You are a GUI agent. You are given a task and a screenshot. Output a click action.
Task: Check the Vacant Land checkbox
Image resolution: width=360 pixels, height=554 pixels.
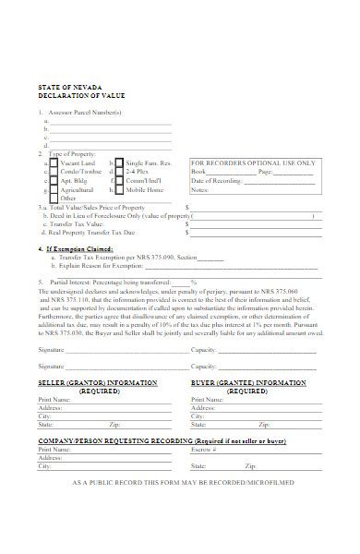tap(54, 163)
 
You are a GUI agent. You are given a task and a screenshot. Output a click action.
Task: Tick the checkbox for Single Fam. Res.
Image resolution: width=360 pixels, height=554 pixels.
tap(118, 163)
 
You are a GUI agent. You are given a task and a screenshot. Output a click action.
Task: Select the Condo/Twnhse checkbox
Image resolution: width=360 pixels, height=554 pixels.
tap(54, 172)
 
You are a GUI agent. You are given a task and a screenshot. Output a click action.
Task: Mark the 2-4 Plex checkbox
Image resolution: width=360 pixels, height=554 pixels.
tap(118, 172)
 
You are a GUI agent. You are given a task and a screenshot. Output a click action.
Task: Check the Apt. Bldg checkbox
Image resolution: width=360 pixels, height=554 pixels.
tap(54, 181)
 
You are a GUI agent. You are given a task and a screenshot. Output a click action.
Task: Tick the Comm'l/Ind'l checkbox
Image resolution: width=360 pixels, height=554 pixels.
tap(118, 181)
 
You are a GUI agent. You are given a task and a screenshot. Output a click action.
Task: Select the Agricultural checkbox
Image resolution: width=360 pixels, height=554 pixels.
tap(54, 190)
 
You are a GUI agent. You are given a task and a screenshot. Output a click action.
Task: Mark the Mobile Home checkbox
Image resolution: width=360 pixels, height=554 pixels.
tap(118, 190)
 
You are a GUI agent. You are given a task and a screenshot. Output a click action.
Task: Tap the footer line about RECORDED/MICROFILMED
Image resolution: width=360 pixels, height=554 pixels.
tap(181, 483)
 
